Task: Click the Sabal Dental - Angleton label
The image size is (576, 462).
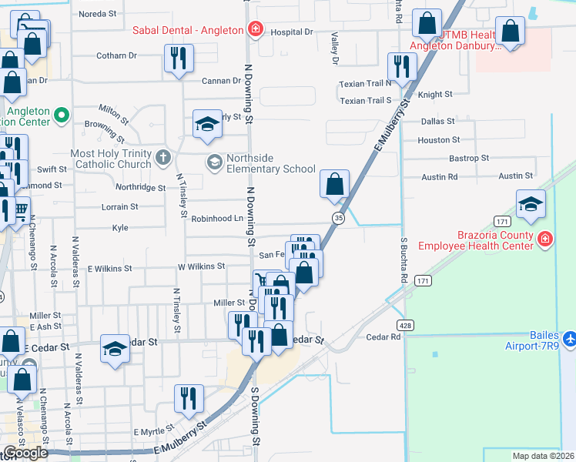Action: point(188,31)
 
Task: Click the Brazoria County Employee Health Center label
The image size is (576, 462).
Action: point(475,241)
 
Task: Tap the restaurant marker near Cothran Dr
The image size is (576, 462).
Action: point(179,59)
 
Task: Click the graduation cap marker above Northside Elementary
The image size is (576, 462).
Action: point(207,125)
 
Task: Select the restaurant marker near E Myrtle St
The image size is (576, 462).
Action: point(189,399)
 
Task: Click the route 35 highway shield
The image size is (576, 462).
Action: point(338,219)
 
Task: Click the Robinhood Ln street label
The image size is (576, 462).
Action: point(216,219)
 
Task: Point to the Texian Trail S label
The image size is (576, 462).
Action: point(366,101)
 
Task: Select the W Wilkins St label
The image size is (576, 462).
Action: point(201,266)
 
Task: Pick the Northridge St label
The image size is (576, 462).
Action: point(140,187)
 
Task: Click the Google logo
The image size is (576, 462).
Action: point(25,453)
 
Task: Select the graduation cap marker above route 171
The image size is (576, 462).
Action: point(531,205)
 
